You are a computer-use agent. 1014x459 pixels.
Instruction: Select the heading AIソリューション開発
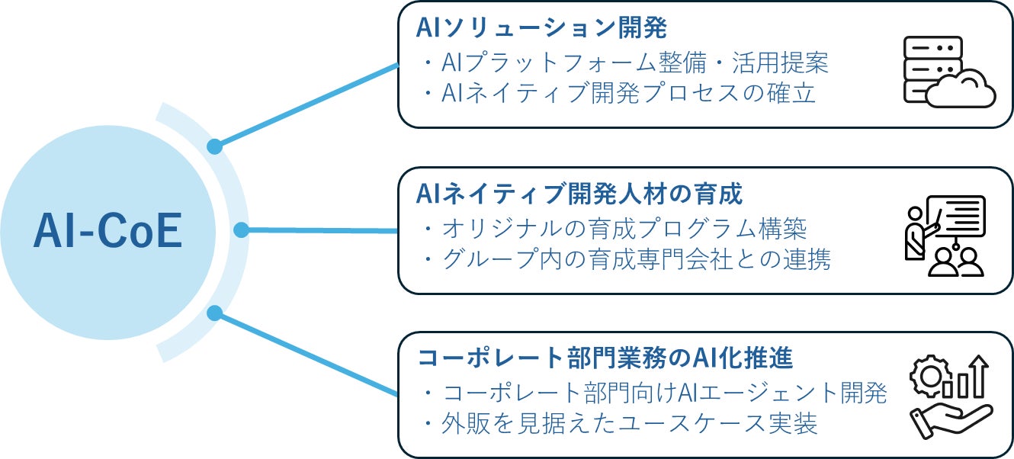pos(541,29)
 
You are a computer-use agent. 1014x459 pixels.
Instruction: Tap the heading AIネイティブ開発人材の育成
pos(579,194)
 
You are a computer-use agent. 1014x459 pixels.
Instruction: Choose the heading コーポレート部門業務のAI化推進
pos(606,358)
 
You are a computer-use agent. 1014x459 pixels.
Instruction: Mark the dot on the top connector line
pos(216,146)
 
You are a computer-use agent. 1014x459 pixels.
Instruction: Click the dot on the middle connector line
pos(241,230)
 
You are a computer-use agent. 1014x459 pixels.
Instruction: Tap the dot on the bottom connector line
pos(215,313)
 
